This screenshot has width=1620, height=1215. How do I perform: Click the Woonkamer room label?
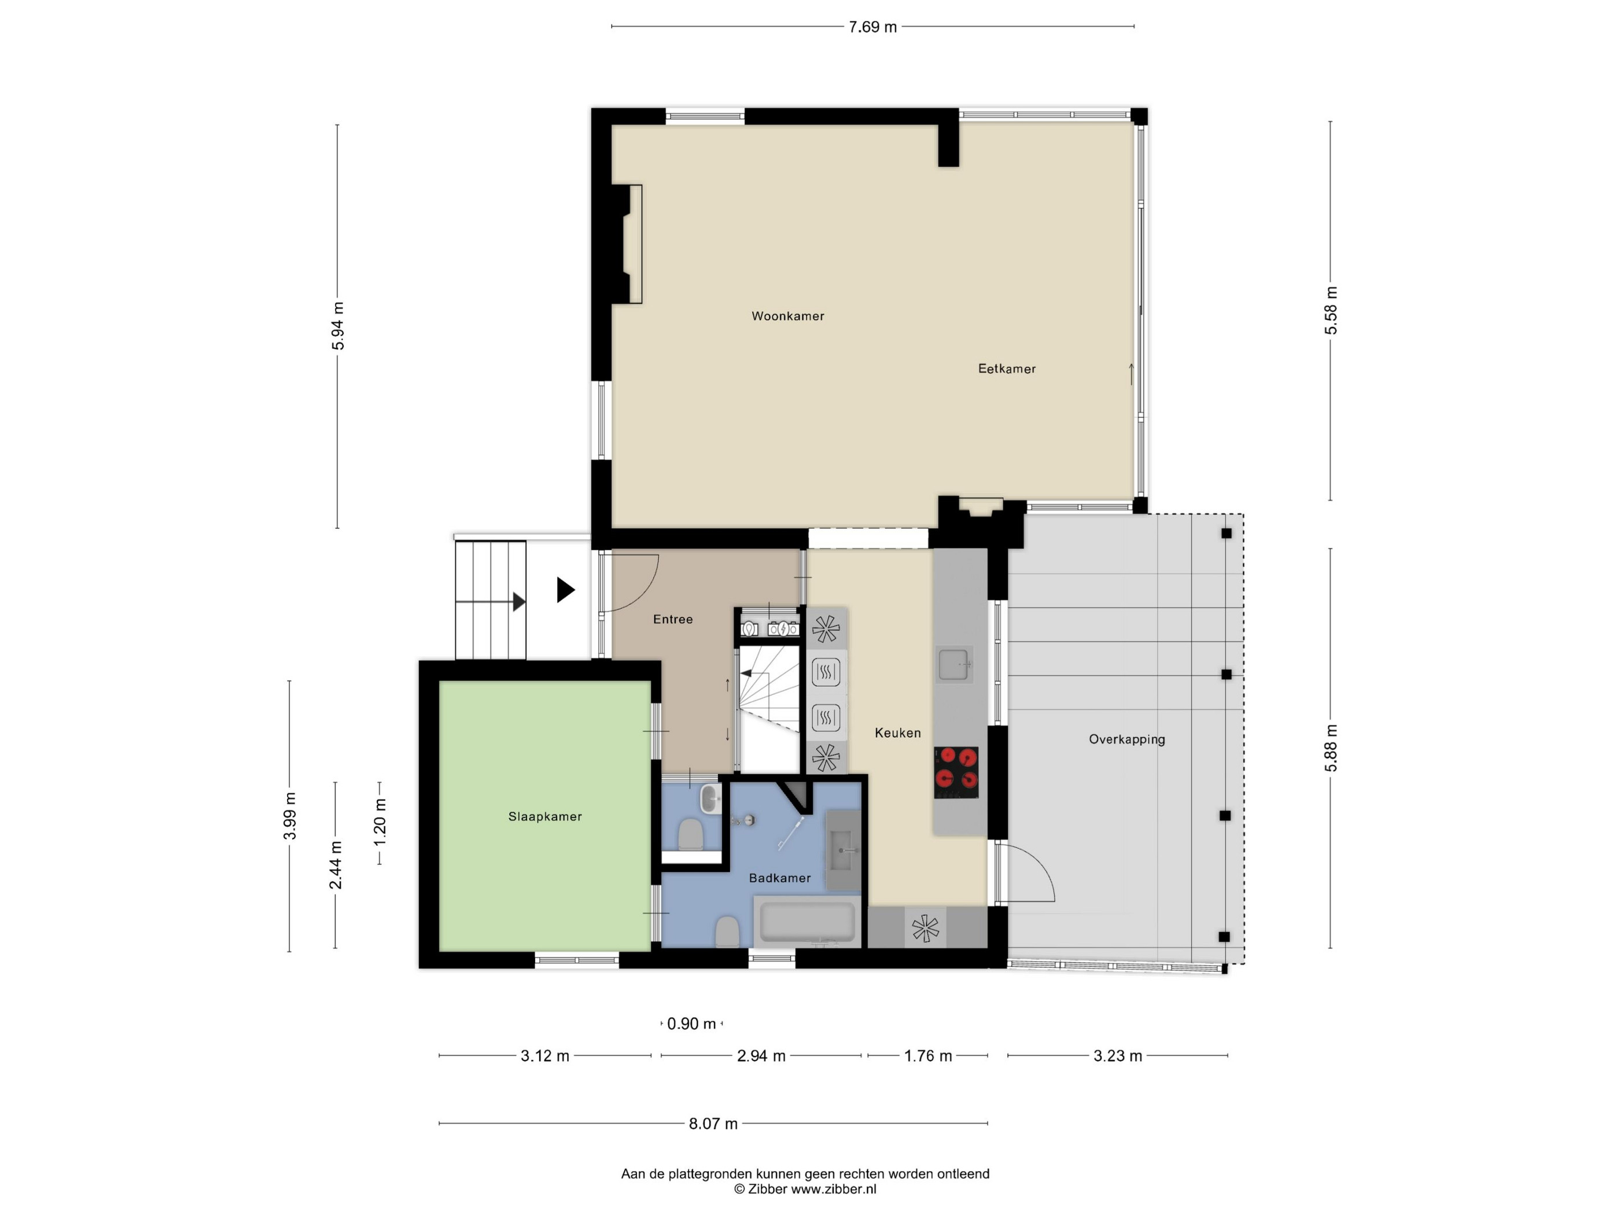pyautogui.click(x=787, y=316)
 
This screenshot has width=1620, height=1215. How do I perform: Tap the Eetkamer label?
pyautogui.click(x=1007, y=369)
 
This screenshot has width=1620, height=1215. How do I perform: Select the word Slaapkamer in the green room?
pyautogui.click(x=545, y=816)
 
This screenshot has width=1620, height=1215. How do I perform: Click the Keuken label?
pyautogui.click(x=898, y=733)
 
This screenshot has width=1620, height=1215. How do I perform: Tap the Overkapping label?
pyautogui.click(x=1126, y=739)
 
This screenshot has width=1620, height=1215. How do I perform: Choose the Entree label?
pyautogui.click(x=672, y=620)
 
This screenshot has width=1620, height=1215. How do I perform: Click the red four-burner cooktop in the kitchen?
pyautogui.click(x=956, y=772)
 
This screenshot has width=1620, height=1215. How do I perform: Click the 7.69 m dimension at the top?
pyautogui.click(x=872, y=27)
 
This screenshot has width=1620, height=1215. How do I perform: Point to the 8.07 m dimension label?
pyautogui.click(x=713, y=1124)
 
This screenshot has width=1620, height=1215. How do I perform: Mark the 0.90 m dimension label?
pyautogui.click(x=691, y=1024)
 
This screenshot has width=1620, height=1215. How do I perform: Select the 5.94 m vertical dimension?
pyautogui.click(x=338, y=326)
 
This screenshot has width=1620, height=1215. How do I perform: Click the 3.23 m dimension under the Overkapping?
pyautogui.click(x=1118, y=1056)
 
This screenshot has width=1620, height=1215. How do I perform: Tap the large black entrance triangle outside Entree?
pyautogui.click(x=565, y=590)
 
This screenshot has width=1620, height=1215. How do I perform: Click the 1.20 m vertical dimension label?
pyautogui.click(x=380, y=822)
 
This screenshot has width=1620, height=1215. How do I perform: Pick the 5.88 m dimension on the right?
pyautogui.click(x=1331, y=748)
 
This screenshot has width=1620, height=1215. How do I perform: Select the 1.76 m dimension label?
pyautogui.click(x=928, y=1056)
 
